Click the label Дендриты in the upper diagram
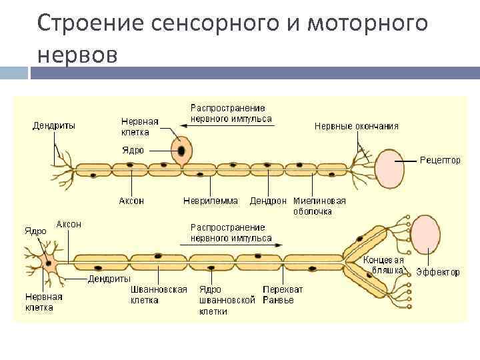pos(54,125)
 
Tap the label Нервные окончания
pos(356,125)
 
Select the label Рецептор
pos(440,160)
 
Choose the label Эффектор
pos(438,272)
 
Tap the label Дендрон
pos(268,200)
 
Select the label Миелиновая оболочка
pos(319,205)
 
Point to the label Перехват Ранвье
pos(283,295)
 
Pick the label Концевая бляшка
pos(384,265)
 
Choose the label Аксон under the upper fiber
pos(131,200)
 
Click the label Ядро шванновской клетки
pos(227,300)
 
